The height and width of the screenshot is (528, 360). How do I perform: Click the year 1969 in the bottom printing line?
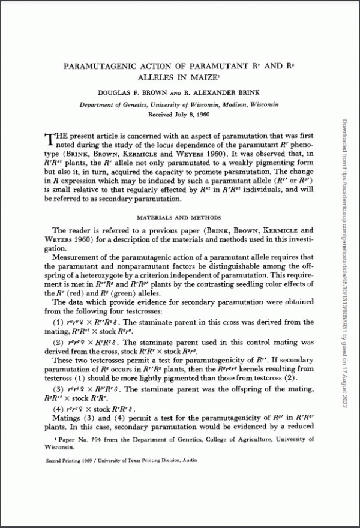92,464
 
